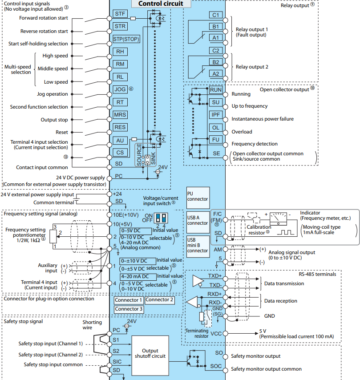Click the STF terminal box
click(x=120, y=14)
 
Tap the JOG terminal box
click(x=120, y=89)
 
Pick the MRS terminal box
click(x=120, y=114)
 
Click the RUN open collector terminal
click(x=216, y=89)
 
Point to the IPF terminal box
click(x=216, y=115)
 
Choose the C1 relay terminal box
click(x=216, y=15)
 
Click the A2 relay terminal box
click(x=216, y=74)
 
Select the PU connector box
click(x=198, y=196)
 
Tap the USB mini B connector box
click(x=198, y=245)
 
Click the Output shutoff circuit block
click(x=150, y=353)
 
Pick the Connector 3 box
click(x=129, y=309)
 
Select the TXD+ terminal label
click(x=216, y=275)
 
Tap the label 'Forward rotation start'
click(x=44, y=18)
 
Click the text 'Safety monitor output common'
click(x=267, y=369)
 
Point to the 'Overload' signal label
click(x=242, y=132)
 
